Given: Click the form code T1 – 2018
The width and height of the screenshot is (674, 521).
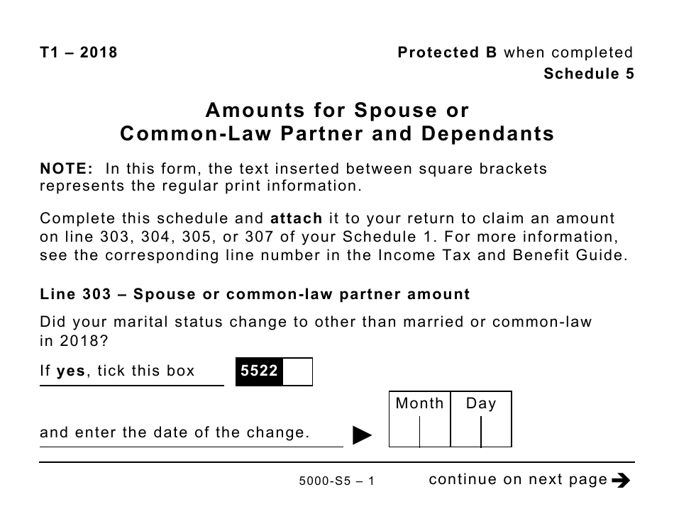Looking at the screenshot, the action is pos(78,52).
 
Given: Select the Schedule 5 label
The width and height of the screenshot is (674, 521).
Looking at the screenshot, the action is pos(589,74).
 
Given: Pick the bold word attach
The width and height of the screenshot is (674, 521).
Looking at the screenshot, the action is pos(297,219).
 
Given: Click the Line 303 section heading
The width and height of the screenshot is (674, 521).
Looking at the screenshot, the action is pos(255,293).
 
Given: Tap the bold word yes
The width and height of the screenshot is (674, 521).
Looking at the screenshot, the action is pos(70,371).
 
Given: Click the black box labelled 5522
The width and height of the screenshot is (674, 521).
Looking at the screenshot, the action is pos(259,371).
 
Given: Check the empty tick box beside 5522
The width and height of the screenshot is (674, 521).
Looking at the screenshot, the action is pos(297,371).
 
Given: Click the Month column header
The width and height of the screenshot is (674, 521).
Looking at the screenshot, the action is pos(419,403).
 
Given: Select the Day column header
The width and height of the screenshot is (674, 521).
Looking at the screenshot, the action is pos(481,403).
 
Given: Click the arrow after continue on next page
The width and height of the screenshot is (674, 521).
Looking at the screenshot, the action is pos(620,481).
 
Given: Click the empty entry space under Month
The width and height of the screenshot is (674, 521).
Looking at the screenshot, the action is pos(419,432).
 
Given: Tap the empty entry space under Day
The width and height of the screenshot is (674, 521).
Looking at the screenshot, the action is pos(481,432).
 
